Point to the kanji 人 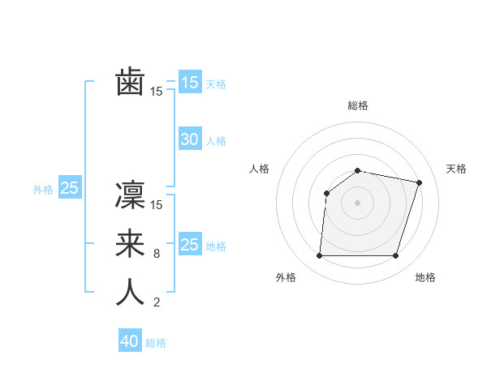[130, 292]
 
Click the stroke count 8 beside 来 [157, 254]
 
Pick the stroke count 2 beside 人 [157, 302]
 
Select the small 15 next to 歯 [157, 92]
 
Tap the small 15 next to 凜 [157, 204]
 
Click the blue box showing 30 [190, 139]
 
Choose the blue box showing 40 [130, 341]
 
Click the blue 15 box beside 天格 [190, 83]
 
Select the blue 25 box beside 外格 [70, 189]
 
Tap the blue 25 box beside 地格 [190, 245]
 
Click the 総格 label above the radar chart [357, 105]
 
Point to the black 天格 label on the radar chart [457, 169]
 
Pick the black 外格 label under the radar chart [286, 277]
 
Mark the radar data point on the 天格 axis [419, 182]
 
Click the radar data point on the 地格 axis [395, 256]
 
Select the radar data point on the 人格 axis [326, 193]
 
